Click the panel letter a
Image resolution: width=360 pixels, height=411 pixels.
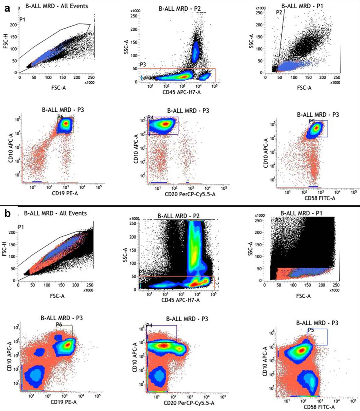(x=7, y=8)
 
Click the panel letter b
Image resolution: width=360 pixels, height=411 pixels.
(x=7, y=214)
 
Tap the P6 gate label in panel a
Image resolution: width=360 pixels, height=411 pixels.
(x=60, y=116)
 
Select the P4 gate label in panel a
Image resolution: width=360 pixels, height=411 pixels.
(x=150, y=118)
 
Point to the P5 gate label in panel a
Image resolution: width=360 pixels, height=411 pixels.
(x=312, y=122)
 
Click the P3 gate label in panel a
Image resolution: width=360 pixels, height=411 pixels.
(x=143, y=65)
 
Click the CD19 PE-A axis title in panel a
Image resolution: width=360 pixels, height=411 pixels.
(x=65, y=193)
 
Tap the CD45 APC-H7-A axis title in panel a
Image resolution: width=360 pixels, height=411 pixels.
(x=181, y=92)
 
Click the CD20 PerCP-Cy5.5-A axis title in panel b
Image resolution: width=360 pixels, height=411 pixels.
(x=189, y=403)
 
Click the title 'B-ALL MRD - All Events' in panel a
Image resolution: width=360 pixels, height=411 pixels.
(x=56, y=6)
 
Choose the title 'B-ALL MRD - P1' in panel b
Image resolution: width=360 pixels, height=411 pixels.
(x=301, y=213)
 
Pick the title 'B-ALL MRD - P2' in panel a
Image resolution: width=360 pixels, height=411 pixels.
(x=179, y=9)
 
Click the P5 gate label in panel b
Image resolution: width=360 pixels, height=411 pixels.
(x=311, y=330)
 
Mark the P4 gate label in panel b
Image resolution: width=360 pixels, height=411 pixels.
(x=149, y=326)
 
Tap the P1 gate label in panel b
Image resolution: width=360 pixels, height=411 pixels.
(x=21, y=227)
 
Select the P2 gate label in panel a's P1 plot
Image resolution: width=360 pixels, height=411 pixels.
(x=279, y=12)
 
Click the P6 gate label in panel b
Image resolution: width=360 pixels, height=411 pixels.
(x=59, y=325)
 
